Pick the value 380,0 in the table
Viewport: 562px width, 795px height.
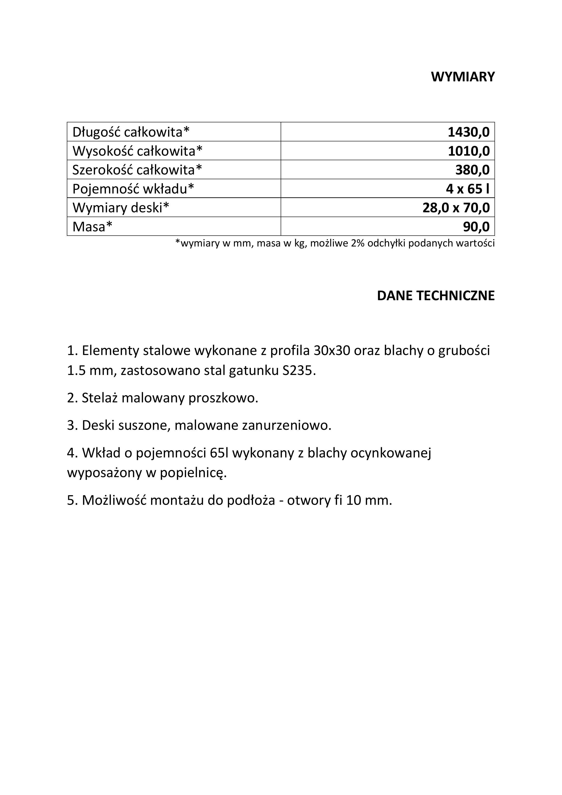[x=472, y=170]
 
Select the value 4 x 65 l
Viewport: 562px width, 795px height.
[x=468, y=189]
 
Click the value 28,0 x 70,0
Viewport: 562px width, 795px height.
[x=456, y=208]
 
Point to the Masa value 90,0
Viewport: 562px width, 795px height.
[x=476, y=227]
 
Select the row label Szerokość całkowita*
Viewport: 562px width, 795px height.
[x=137, y=170]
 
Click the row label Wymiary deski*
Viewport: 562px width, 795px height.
[x=121, y=208]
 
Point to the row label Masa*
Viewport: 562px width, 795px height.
[x=92, y=227]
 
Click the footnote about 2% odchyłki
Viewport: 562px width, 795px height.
[x=335, y=243]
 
